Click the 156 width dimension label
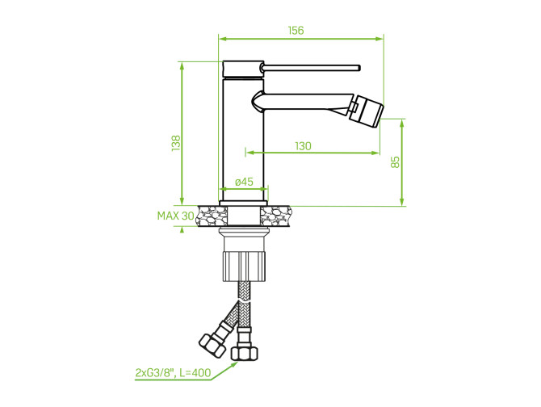pos(296,31)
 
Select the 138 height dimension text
pos(176,143)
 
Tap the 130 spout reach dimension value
pos(303,146)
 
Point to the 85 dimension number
pos(396,162)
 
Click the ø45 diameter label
pos(245,182)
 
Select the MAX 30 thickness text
pos(175,216)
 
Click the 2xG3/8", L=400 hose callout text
pos(173,372)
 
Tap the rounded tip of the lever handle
pos(359,68)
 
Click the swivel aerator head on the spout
pos(367,111)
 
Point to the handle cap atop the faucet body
pos(241,69)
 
